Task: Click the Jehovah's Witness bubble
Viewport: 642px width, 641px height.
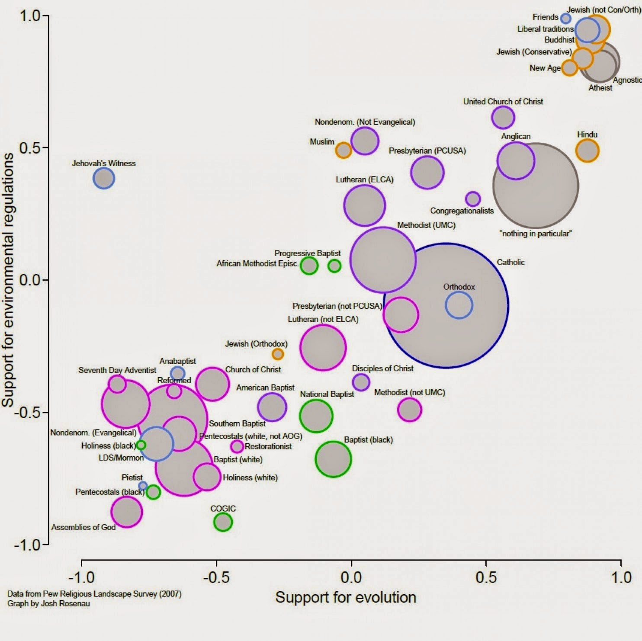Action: (x=104, y=178)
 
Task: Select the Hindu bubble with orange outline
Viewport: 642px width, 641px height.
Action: (x=587, y=151)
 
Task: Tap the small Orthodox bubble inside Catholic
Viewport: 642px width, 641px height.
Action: (x=459, y=305)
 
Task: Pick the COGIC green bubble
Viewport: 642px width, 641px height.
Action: (x=223, y=522)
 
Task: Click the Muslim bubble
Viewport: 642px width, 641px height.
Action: (x=343, y=150)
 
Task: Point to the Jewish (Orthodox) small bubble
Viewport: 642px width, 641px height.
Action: (x=278, y=354)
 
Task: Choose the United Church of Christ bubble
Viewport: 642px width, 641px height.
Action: (x=503, y=117)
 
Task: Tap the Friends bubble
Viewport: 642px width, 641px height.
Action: (x=565, y=18)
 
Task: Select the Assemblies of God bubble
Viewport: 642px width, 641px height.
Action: (x=126, y=512)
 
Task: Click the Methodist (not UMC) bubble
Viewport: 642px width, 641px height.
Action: (x=409, y=410)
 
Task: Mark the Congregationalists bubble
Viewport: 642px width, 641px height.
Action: (x=473, y=199)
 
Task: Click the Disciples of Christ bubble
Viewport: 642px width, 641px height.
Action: (x=361, y=382)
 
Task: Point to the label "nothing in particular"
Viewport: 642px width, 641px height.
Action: (x=536, y=234)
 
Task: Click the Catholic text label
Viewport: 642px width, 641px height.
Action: (x=510, y=262)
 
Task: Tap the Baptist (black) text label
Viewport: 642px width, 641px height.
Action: (x=368, y=440)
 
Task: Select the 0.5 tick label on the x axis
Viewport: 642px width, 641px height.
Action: (x=486, y=577)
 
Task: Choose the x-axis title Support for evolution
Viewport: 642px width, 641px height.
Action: (x=346, y=597)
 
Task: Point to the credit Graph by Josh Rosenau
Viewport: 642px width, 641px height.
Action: (x=48, y=603)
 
